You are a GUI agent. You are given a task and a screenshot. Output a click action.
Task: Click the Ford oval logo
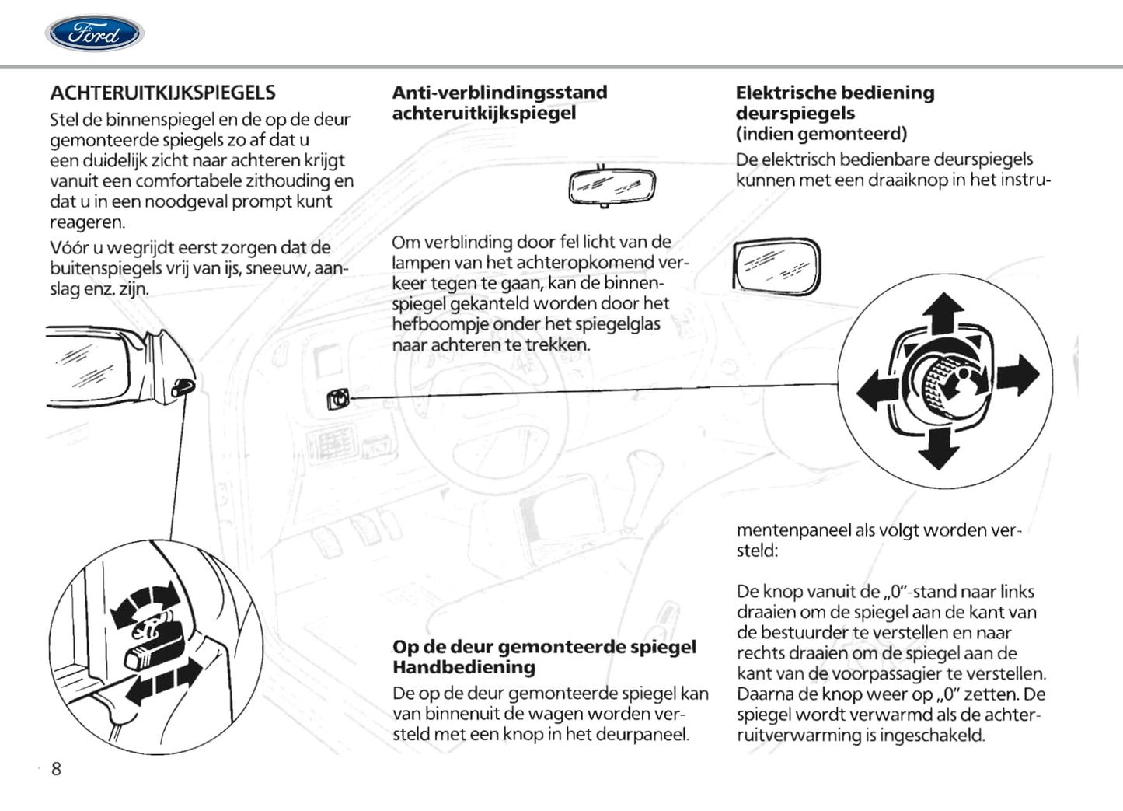click(94, 33)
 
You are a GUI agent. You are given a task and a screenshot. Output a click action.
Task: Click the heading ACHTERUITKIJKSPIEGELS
click(162, 93)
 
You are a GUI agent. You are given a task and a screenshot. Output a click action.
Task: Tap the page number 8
click(56, 769)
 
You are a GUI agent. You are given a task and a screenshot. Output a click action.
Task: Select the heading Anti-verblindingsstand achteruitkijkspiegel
click(499, 103)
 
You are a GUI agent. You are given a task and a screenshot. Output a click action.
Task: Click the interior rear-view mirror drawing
click(612, 187)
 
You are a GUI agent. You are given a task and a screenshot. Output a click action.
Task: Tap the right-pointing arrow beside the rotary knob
click(1019, 375)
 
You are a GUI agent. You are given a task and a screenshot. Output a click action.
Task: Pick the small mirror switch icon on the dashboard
click(337, 400)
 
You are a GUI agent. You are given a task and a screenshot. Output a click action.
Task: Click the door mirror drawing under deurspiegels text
click(776, 267)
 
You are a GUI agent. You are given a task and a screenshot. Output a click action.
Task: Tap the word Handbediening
click(463, 667)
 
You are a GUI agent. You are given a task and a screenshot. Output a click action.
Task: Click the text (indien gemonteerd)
click(821, 134)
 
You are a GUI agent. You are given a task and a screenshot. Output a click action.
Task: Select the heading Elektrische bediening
click(835, 93)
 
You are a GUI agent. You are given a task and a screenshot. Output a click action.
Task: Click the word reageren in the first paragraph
click(86, 222)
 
